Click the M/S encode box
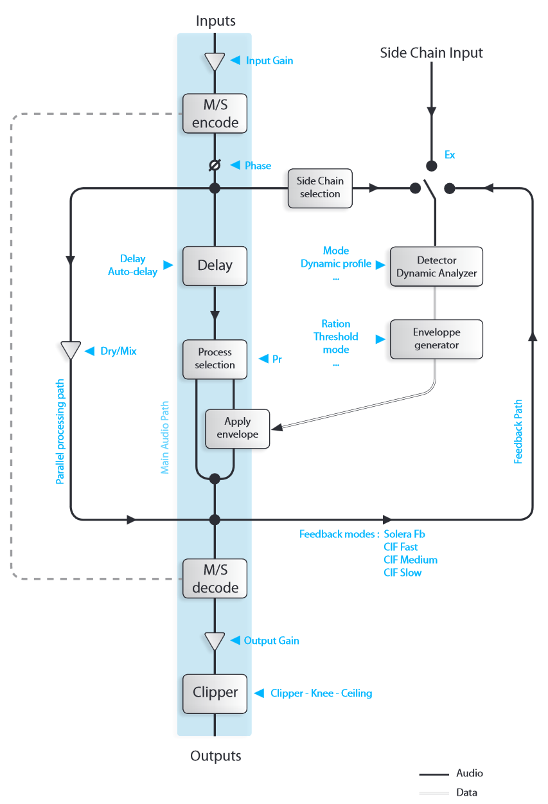pos(215,113)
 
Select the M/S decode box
pos(215,578)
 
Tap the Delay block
pos(215,265)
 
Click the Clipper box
pos(215,693)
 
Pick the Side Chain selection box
pos(320,188)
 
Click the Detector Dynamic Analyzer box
pos(436,267)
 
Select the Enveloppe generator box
pos(436,339)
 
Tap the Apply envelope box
pos(237,428)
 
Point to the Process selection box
pos(215,359)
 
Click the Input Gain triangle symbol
pos(215,62)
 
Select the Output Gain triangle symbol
pos(215,641)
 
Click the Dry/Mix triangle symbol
pos(70,350)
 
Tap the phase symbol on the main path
pos(215,166)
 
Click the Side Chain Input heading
pos(431,53)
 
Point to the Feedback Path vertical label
pos(518,432)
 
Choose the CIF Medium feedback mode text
pos(411,560)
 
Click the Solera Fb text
pos(404,534)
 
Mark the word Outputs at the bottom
pos(215,756)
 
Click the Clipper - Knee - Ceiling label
pos(321,693)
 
